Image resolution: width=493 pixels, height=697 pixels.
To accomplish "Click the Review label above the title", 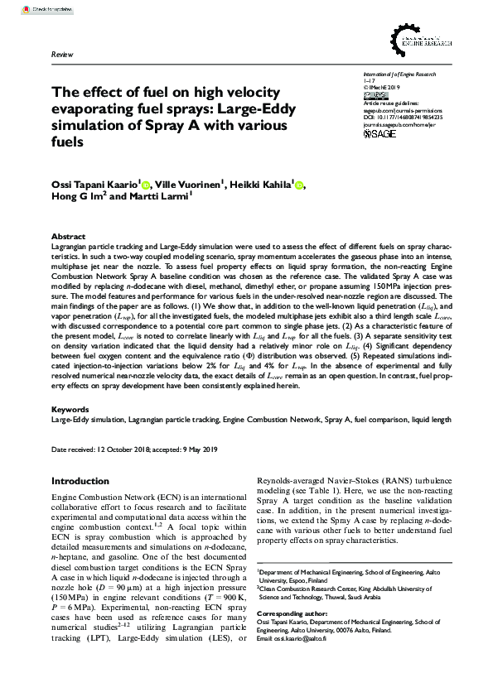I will point(62,53).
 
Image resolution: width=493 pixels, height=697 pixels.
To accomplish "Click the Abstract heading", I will point(68,236).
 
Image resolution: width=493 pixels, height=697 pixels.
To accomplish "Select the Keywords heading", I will point(70,410).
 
